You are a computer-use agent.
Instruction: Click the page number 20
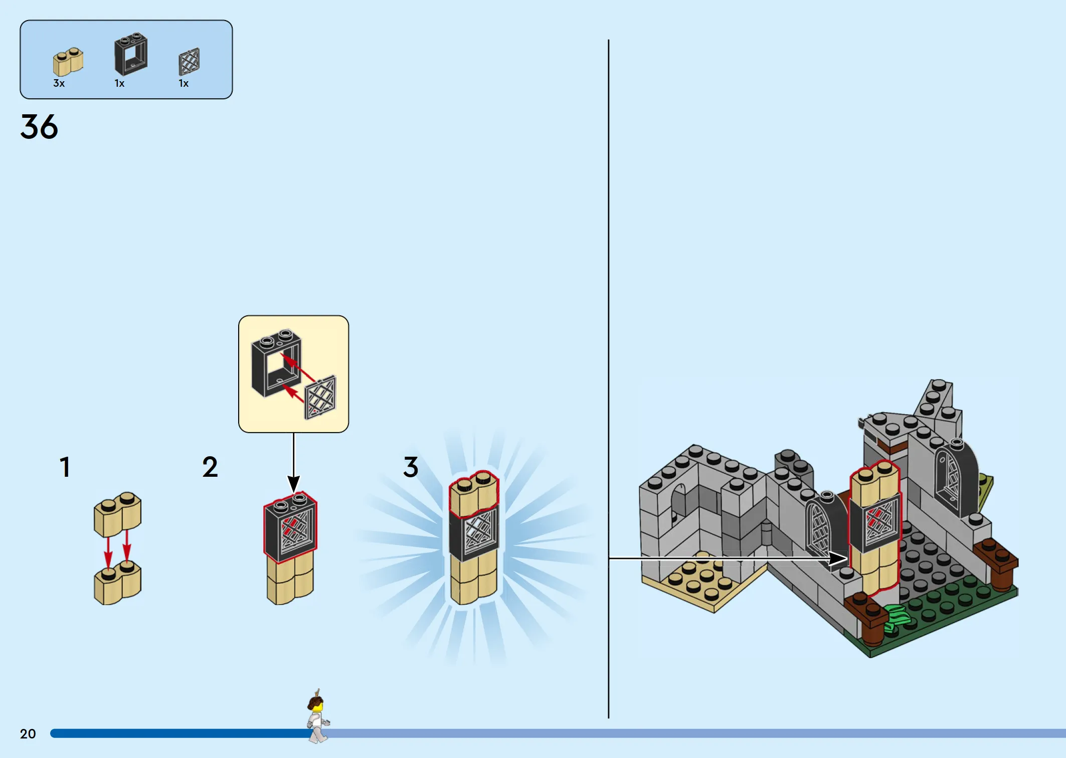coord(28,734)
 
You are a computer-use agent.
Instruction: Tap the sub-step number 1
coord(65,467)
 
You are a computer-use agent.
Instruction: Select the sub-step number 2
coord(210,467)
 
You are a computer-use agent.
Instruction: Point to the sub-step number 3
coord(411,467)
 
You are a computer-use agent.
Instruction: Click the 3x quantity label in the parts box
coord(59,83)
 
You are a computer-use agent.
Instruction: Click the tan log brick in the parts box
coord(68,62)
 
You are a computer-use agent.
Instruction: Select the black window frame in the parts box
coord(131,54)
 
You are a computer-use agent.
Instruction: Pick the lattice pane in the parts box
coord(189,62)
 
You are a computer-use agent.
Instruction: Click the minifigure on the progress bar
coord(317,717)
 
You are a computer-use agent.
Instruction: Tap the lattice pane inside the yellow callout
coord(320,397)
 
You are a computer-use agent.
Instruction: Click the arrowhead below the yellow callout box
coord(294,484)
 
